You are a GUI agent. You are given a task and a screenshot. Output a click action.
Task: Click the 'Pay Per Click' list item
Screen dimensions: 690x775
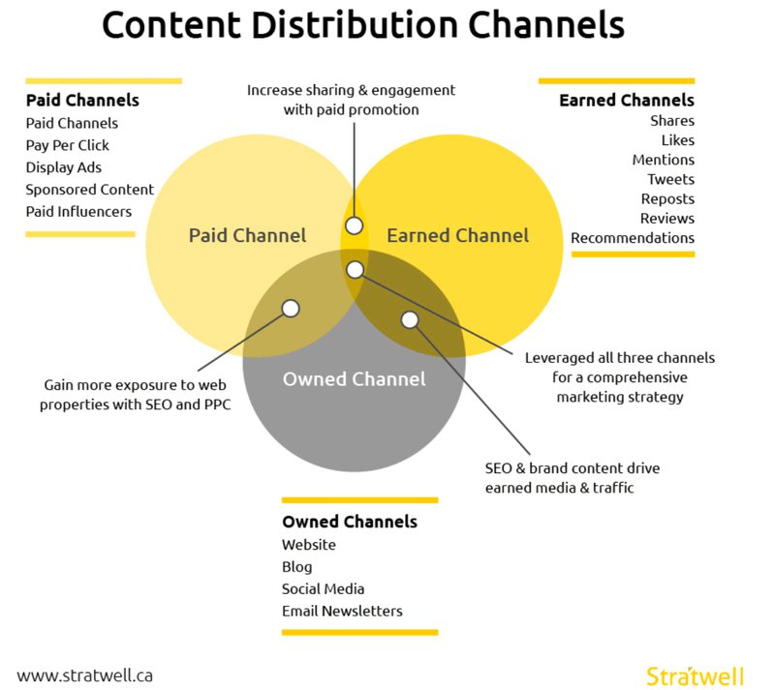(x=68, y=145)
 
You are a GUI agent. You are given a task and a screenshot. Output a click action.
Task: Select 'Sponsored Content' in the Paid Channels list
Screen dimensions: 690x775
(x=89, y=189)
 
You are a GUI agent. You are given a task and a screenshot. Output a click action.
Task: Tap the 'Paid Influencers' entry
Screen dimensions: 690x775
(x=78, y=211)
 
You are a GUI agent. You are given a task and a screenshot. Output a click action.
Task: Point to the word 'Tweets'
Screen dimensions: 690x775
(x=671, y=179)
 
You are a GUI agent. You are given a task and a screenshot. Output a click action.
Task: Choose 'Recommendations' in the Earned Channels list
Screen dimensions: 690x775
(x=633, y=238)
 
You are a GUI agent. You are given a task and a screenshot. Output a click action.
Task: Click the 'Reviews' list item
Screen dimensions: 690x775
(x=667, y=219)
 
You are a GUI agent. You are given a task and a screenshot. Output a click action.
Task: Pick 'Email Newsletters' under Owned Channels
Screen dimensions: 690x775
(x=342, y=611)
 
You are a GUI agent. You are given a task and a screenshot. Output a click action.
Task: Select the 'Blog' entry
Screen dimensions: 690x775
(x=297, y=567)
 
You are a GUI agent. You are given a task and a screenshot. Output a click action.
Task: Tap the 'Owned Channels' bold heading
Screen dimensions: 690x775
(x=350, y=522)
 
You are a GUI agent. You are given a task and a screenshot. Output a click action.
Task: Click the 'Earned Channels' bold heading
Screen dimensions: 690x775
(x=627, y=100)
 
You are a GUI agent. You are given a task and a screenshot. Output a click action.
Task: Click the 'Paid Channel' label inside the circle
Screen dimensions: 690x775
(x=247, y=235)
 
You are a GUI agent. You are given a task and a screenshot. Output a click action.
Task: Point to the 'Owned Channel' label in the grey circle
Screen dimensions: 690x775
(x=354, y=378)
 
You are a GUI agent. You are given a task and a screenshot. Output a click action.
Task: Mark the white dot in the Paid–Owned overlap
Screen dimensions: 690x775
(x=291, y=309)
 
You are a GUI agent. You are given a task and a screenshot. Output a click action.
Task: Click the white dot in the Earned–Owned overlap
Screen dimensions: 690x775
(x=410, y=319)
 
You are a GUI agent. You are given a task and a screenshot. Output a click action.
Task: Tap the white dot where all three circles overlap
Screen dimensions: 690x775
(x=356, y=269)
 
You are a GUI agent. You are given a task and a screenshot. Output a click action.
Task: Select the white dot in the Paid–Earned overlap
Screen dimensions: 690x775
(x=355, y=225)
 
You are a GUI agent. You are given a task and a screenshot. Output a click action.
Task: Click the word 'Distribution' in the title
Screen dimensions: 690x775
(x=365, y=25)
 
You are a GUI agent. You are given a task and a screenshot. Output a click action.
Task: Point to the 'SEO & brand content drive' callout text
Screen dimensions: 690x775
(x=573, y=468)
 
